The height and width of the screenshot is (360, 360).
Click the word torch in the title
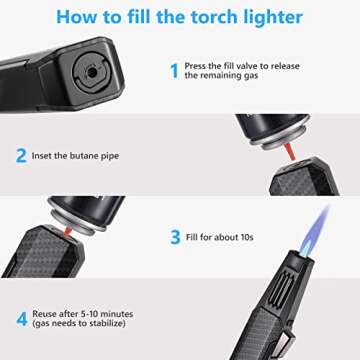tap(201, 17)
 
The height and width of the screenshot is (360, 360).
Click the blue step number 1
tap(173, 71)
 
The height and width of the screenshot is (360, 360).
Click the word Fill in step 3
tap(193, 238)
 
